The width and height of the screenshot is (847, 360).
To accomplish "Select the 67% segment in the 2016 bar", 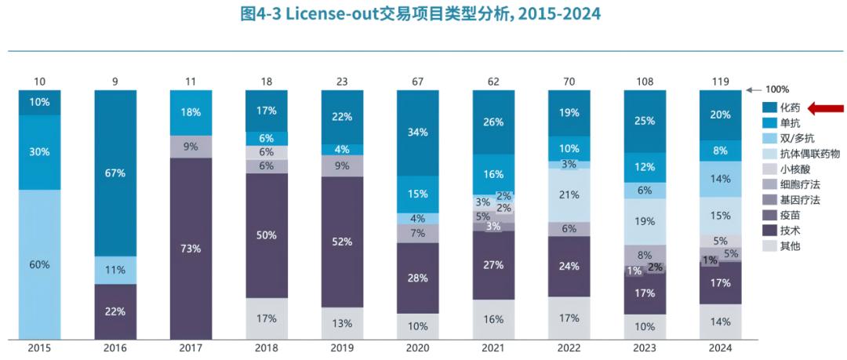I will coord(115,173).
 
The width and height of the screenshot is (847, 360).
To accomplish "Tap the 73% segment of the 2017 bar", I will coord(191,249).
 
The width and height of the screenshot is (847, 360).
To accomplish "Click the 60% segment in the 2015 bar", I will coord(40,264).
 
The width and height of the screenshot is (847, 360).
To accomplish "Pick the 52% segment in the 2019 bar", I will coord(341,242).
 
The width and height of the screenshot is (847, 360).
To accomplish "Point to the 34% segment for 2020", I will coord(417,132).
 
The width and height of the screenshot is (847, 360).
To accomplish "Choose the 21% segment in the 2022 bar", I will coord(569,195).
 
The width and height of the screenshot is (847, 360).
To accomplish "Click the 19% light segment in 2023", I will coord(645,221).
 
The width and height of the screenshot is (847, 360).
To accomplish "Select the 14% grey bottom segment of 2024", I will coord(720,322).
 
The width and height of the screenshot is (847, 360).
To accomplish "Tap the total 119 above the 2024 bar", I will coord(720,81).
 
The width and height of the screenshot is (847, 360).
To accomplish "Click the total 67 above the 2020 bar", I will coord(417,81).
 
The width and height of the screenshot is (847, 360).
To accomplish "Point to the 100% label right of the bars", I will coord(776,89).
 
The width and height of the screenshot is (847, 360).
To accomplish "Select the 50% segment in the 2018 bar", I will coord(266,235).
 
